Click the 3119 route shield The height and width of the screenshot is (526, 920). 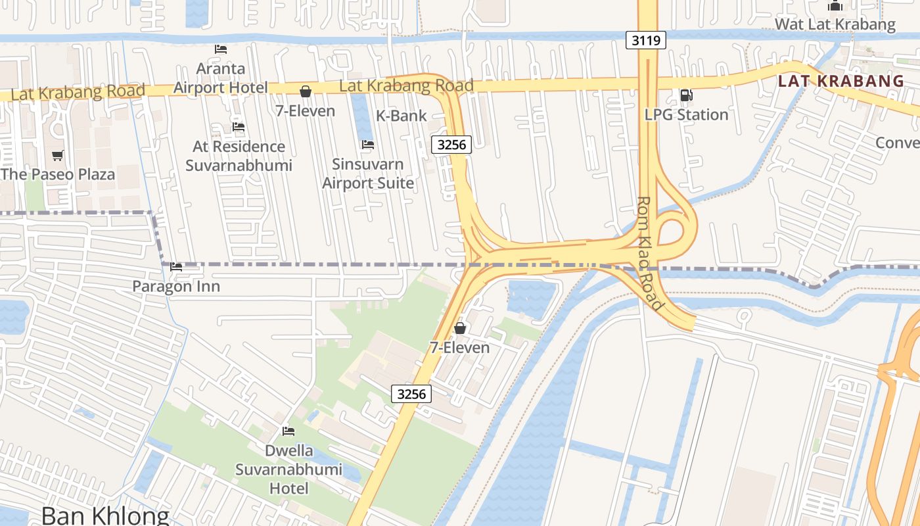click(x=646, y=41)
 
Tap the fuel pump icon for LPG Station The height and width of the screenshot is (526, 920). click(x=686, y=95)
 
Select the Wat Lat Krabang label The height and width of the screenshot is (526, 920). click(x=835, y=25)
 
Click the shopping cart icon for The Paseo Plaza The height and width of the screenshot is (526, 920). click(x=58, y=155)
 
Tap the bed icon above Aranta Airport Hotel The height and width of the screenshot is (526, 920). click(x=221, y=49)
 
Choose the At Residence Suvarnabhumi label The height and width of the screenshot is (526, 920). click(x=239, y=156)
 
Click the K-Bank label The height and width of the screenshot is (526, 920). click(x=401, y=116)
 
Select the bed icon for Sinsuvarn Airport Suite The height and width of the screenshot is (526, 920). click(x=368, y=145)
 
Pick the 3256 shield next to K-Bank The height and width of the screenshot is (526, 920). click(x=451, y=145)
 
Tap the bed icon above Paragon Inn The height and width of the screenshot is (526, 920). click(x=176, y=267)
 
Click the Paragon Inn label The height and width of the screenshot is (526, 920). click(x=176, y=287)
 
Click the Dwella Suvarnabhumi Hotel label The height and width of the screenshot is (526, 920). click(x=289, y=469)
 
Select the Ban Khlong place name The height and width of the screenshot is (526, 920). click(x=105, y=514)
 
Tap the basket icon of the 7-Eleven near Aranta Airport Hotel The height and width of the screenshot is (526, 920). click(x=306, y=91)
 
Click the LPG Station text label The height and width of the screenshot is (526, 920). click(x=686, y=114)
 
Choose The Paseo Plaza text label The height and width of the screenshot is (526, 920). click(x=58, y=174)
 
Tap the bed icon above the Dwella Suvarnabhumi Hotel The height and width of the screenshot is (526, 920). click(x=288, y=431)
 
